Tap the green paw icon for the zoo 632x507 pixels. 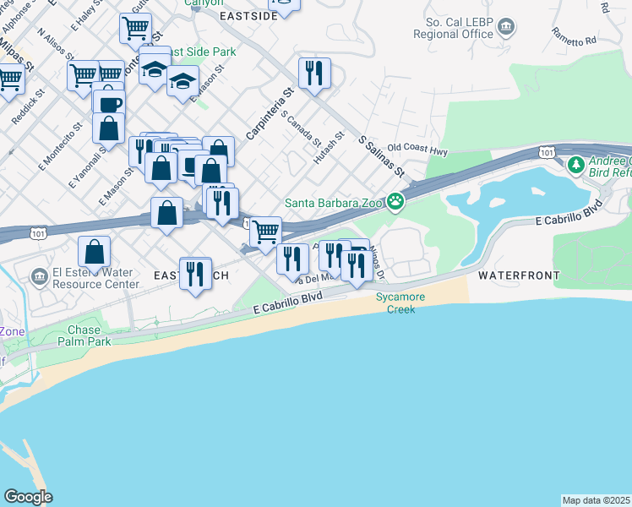tap(395, 201)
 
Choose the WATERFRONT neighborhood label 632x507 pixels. tap(519, 275)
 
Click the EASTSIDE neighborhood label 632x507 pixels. tap(248, 16)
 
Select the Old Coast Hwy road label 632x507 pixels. tap(417, 150)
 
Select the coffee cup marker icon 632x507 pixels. tap(108, 104)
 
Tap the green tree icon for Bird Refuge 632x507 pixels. tap(575, 165)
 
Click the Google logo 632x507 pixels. tap(28, 497)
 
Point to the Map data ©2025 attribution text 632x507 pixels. tap(597, 500)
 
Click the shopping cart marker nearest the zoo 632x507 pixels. tap(266, 231)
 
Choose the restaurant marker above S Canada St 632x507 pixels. tap(314, 72)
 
